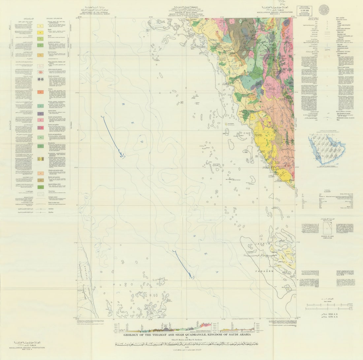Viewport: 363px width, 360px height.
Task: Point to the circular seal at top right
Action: pos(324,10)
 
